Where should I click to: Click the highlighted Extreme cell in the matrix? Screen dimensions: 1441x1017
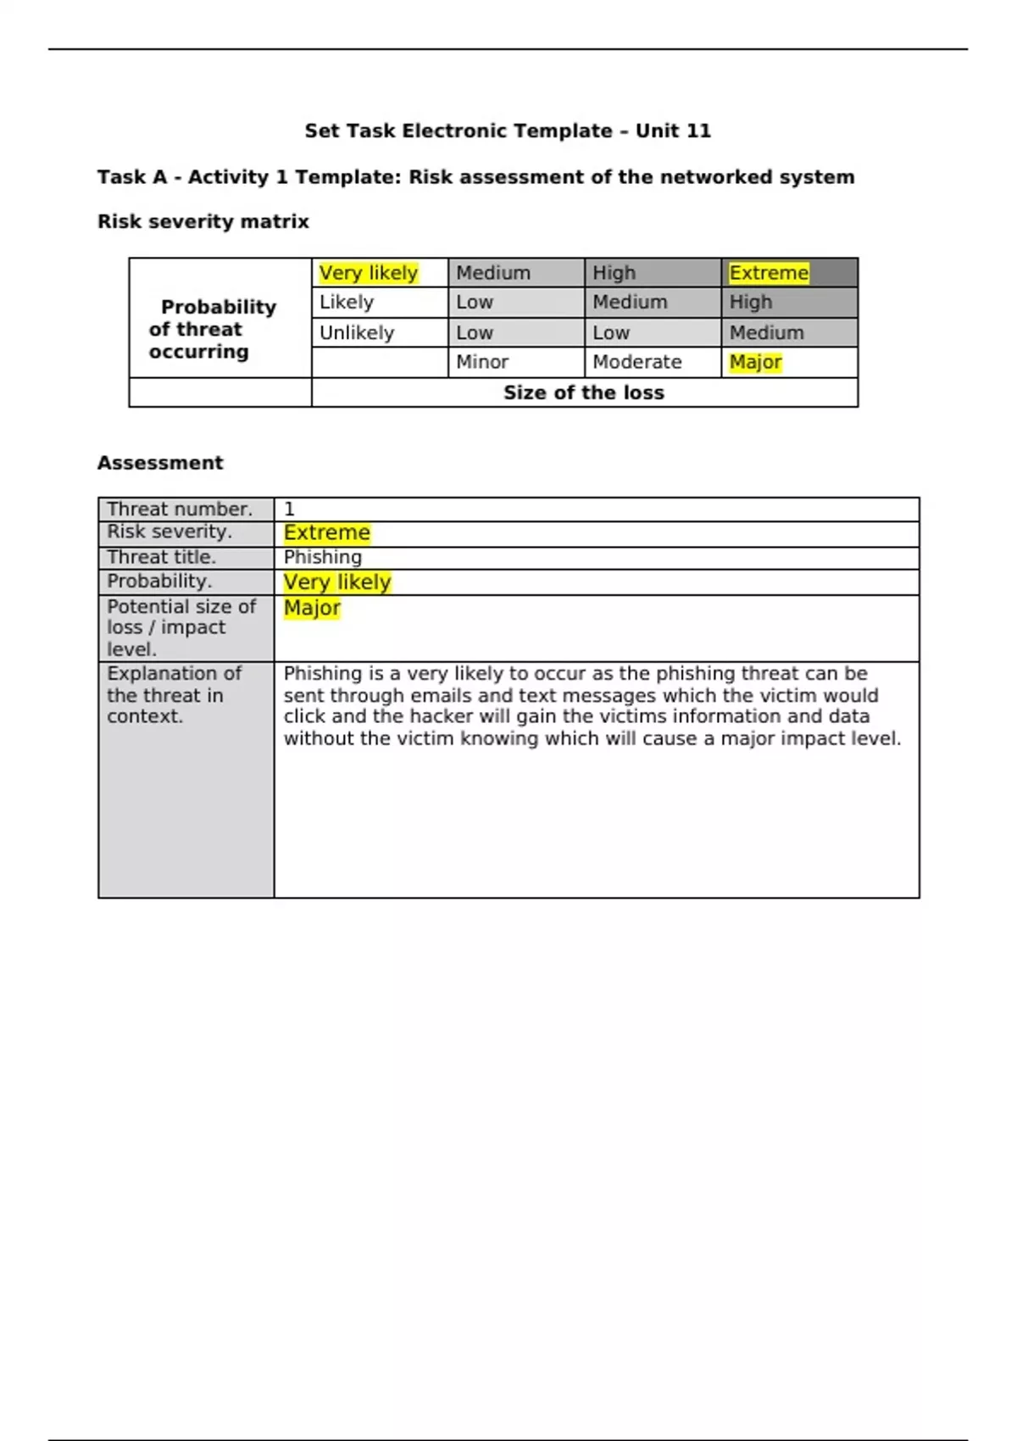point(769,273)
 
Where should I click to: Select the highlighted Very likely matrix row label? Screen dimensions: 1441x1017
point(369,273)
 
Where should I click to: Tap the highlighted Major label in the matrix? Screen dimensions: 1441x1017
point(755,362)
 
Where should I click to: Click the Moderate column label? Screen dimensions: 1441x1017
point(637,362)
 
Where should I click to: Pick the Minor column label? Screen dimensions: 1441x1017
point(482,362)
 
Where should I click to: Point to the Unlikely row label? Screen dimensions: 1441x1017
point(357,332)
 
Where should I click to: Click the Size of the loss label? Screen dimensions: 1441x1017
point(584,392)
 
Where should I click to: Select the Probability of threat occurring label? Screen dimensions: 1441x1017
point(212,329)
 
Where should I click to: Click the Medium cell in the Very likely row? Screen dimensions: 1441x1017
point(493,273)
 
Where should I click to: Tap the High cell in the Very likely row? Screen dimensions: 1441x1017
point(614,273)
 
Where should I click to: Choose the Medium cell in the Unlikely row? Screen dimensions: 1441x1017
point(767,332)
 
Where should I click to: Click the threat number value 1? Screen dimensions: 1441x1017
point(289,509)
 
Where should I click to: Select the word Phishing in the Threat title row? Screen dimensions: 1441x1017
point(323,557)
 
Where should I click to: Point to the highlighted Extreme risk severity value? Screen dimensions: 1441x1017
point(327,532)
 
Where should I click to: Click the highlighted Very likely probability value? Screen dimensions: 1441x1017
point(337,582)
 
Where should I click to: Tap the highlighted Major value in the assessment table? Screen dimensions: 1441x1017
point(312,608)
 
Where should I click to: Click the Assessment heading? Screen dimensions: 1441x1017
point(160,463)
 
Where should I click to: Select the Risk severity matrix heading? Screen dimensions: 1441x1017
point(203,221)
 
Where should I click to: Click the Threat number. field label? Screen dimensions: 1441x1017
point(180,509)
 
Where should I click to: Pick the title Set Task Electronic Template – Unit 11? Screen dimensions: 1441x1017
point(508,131)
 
